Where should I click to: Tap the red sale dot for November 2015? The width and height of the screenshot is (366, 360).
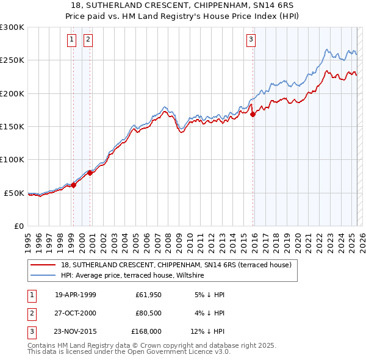click(253, 114)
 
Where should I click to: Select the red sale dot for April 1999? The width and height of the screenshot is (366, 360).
click(73, 185)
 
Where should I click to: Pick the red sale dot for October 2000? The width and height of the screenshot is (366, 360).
click(90, 173)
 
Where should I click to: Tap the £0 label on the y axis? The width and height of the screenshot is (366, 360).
click(18, 226)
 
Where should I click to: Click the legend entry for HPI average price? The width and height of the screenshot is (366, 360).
click(132, 276)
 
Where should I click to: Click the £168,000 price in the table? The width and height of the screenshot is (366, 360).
click(146, 331)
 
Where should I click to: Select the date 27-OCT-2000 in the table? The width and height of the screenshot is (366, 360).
click(76, 313)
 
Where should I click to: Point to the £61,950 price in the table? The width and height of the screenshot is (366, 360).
click(146, 295)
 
